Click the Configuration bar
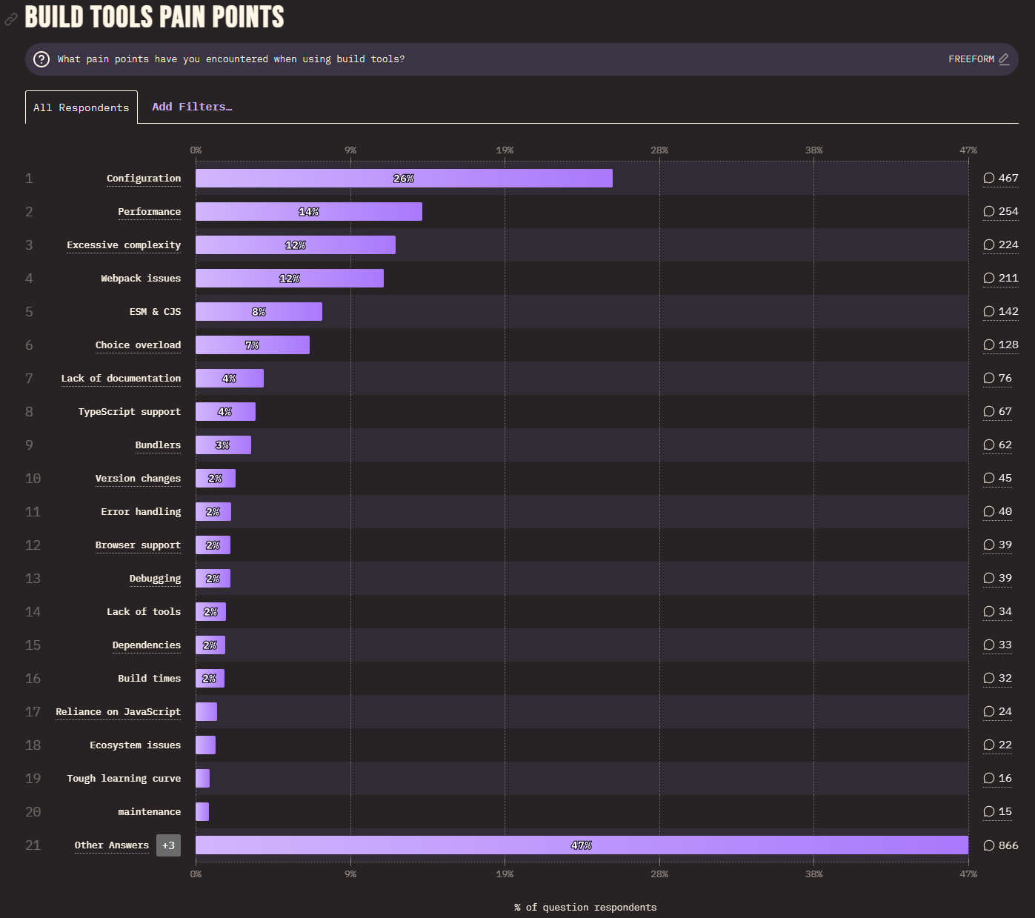point(404,179)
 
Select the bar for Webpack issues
point(290,279)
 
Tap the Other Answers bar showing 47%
point(582,845)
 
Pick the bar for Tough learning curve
point(202,779)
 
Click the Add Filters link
point(192,107)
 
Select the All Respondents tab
point(81,107)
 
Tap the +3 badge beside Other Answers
point(168,845)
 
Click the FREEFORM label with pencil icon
point(979,59)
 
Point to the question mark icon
point(41,59)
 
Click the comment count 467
point(1001,179)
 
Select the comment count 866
point(1001,845)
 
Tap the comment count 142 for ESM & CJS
point(1001,312)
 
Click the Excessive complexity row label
point(124,245)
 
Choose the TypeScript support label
point(130,412)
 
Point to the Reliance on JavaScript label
point(118,712)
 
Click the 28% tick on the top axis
point(659,150)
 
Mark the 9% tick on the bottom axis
point(350,874)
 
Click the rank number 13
point(33,579)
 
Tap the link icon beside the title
point(11,19)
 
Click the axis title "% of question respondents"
point(585,908)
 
